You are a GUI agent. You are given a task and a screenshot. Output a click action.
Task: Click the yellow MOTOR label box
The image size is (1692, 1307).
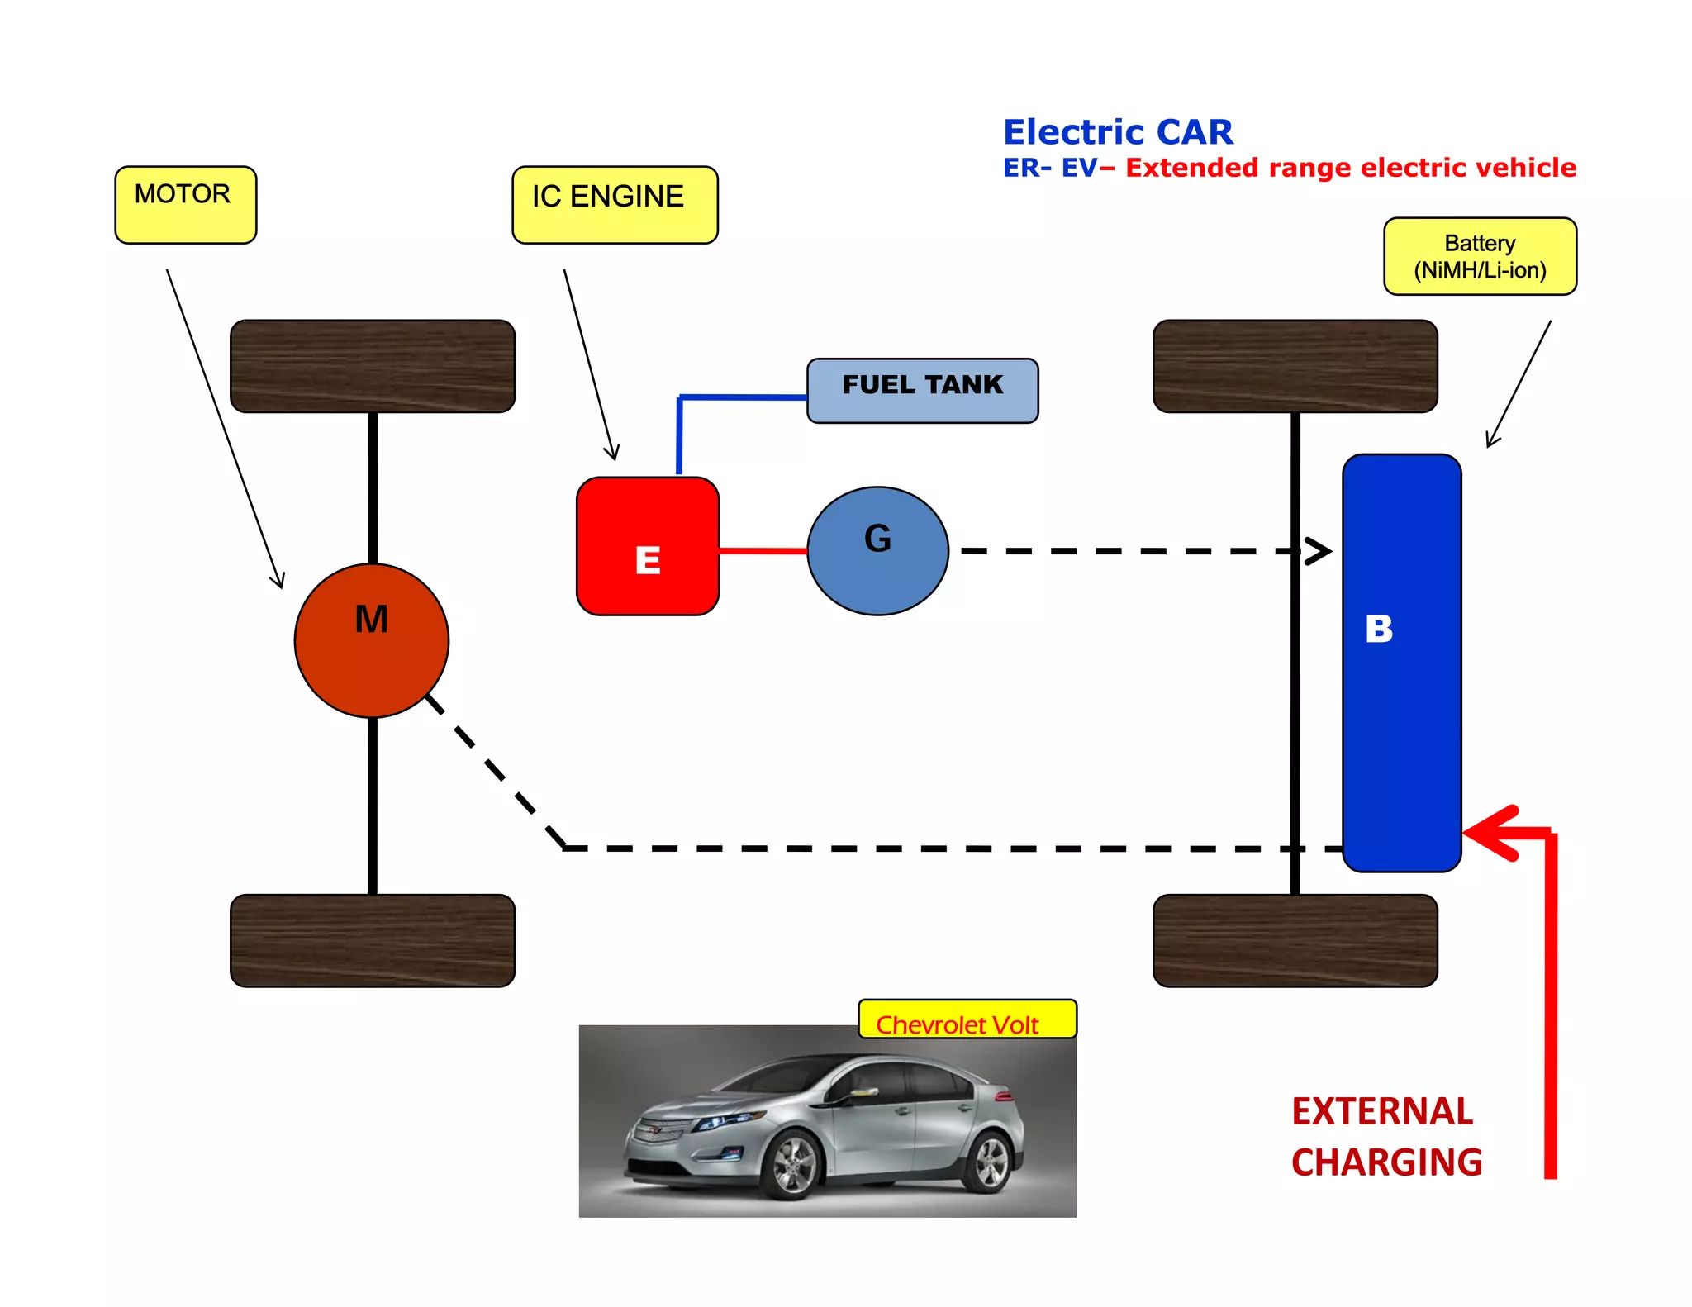click(185, 204)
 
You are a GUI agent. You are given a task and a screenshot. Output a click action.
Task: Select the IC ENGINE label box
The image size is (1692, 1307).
click(615, 204)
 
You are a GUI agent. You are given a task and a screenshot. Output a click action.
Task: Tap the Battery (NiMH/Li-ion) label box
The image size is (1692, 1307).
click(1480, 256)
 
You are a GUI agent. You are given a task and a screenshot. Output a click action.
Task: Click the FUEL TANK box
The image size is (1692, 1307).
click(922, 390)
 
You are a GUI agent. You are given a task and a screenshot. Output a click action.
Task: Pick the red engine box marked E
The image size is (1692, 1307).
click(648, 546)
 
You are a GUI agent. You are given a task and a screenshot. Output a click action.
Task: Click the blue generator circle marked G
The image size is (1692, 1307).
click(877, 550)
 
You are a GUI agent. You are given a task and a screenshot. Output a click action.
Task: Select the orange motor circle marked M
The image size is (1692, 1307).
click(372, 640)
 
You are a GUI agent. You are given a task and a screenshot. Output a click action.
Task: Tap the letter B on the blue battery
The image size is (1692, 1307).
click(1379, 629)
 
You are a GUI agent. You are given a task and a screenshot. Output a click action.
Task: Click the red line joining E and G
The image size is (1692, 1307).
click(763, 550)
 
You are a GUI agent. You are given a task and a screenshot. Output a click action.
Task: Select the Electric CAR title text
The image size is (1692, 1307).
click(1118, 132)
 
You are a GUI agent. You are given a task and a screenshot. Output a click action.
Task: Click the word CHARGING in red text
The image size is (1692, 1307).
click(1386, 1162)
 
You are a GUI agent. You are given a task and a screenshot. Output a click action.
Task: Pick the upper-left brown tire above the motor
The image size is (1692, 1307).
click(373, 366)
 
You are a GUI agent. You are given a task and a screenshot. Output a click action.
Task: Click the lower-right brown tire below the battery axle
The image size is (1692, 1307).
click(1295, 940)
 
